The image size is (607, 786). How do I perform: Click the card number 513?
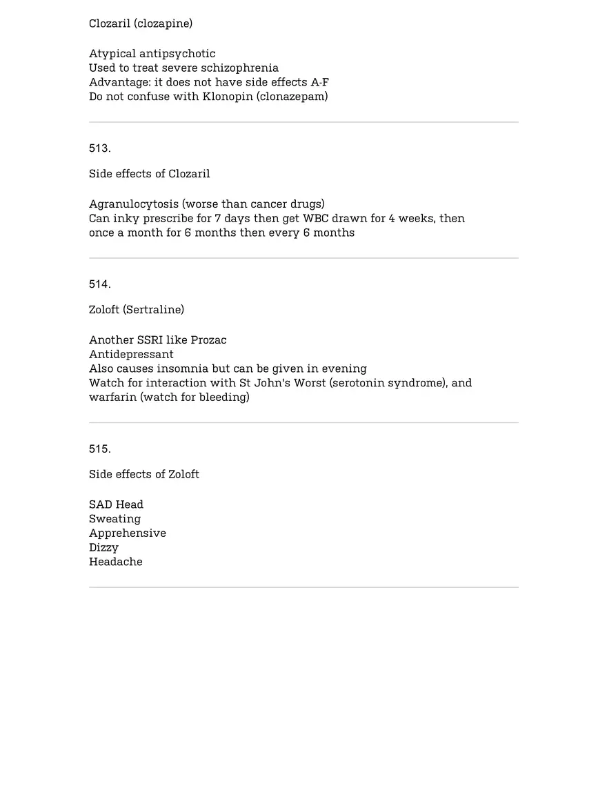pos(99,148)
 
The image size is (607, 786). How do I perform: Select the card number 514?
pos(99,284)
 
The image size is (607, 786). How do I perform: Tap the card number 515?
pos(99,449)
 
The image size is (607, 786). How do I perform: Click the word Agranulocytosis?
pos(134,204)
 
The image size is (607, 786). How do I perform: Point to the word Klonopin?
pos(228,97)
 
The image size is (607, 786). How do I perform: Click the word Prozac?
pos(208,340)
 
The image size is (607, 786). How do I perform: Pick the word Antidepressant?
pos(131,355)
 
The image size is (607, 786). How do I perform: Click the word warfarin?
pos(113,397)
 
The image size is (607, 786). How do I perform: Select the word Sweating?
pos(115,519)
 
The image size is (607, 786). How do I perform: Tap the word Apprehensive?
pos(128,533)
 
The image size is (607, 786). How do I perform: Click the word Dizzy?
pos(103,548)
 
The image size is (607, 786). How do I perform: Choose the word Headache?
pos(116,562)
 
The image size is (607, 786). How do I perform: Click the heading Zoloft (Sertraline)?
pos(137,310)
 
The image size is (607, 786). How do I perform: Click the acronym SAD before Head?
pos(101,505)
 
